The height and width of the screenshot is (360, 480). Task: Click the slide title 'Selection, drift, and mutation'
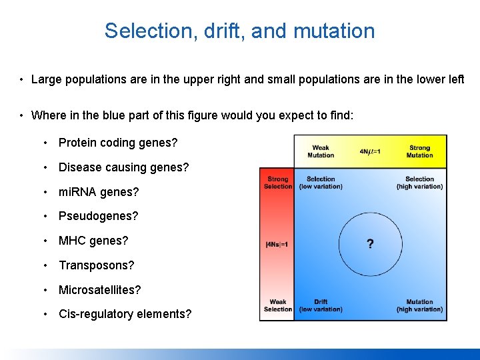239,31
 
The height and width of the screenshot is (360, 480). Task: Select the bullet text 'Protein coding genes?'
118,143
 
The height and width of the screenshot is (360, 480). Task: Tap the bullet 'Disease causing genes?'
123,167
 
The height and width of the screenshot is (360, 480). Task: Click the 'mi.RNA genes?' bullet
99,192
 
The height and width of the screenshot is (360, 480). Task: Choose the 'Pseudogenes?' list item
99,217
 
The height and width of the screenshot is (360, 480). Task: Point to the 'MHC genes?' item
93,241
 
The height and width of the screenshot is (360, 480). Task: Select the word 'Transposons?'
97,265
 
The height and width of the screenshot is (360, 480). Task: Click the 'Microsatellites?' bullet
100,290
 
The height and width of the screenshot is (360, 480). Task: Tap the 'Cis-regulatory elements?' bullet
125,314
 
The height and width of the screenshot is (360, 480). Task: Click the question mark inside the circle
370,244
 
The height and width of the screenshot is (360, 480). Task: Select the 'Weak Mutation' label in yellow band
321,151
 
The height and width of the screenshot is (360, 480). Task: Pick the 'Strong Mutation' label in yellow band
419,151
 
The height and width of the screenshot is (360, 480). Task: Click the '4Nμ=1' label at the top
370,151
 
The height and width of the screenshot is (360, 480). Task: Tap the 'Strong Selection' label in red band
278,183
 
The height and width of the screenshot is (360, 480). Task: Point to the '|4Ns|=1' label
277,245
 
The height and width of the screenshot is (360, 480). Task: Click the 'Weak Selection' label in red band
278,306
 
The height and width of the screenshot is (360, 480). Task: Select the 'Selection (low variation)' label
321,183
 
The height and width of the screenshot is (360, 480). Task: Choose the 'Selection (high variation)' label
419,183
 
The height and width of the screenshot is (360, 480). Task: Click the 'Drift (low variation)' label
321,306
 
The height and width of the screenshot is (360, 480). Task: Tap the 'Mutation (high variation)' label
419,306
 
